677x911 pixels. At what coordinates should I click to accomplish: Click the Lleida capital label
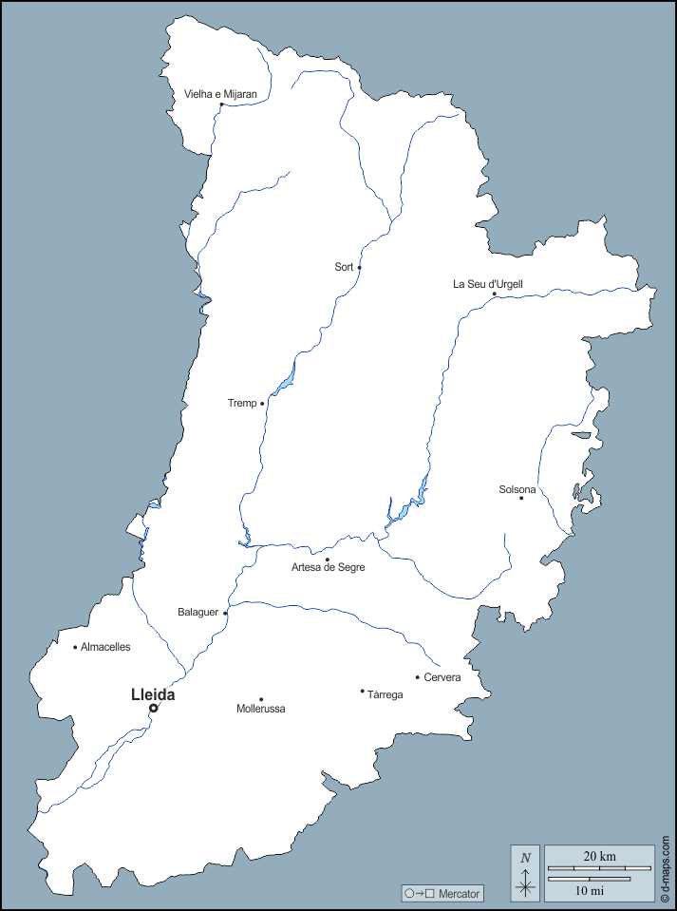tap(153, 694)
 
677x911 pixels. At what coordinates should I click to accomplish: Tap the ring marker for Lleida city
tap(153, 708)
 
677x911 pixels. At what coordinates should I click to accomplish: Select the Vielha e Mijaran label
tap(221, 94)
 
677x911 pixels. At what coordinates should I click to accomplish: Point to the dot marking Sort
tap(359, 268)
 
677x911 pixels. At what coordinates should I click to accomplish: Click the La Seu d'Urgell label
tap(488, 283)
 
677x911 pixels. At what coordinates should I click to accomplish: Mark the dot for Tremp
tap(262, 404)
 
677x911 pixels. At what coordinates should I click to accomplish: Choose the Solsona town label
tap(517, 489)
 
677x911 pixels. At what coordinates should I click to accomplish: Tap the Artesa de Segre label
tap(328, 567)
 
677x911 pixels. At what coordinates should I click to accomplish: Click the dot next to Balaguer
tap(225, 613)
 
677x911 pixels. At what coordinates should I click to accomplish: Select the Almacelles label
tap(105, 647)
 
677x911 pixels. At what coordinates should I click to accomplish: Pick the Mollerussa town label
tap(261, 709)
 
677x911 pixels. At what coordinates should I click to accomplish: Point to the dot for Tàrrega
tap(362, 691)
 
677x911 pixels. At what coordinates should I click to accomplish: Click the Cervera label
tap(442, 677)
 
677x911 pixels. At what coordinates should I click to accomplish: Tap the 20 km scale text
tap(600, 856)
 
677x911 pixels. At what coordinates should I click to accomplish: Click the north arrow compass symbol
tap(525, 873)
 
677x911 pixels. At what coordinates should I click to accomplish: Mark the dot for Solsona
tap(520, 498)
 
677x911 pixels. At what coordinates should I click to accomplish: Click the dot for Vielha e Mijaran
tap(221, 104)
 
